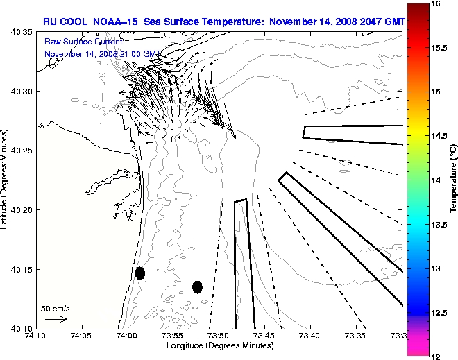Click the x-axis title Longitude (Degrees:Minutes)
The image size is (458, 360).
pos(219,345)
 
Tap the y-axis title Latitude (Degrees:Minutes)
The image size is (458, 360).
pos(6,180)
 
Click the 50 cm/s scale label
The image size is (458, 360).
pos(56,308)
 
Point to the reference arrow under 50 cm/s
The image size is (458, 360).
pos(56,319)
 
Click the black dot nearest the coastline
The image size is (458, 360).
pos(140,273)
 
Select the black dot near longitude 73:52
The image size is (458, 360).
pos(197,286)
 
